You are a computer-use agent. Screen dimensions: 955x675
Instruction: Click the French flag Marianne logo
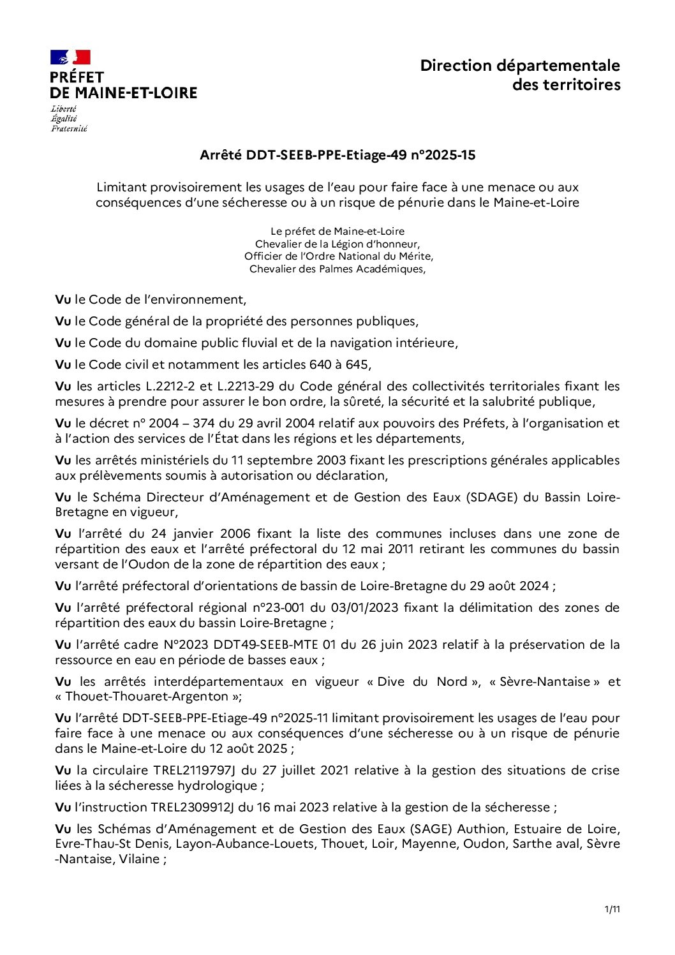70,57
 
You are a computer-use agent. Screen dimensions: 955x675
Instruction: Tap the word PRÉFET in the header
77,77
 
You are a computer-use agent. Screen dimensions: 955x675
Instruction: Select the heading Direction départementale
519,66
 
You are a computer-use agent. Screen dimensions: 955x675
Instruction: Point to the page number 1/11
612,909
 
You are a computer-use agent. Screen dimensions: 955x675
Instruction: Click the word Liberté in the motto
64,109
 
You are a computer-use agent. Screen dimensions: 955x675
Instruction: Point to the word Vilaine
139,859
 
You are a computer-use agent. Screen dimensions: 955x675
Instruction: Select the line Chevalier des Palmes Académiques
337,269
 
